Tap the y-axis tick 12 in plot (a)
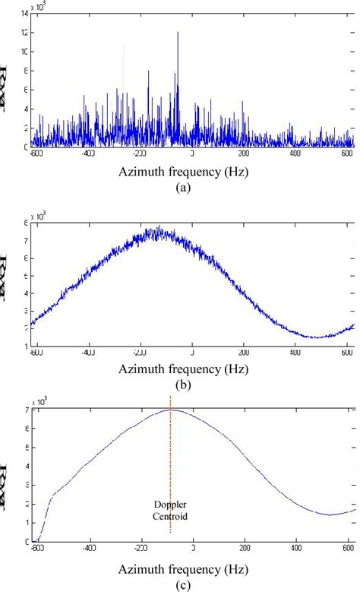tap(25, 33)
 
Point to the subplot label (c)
tap(182, 585)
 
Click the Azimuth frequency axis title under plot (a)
tap(182, 172)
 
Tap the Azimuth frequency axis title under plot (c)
tap(182, 569)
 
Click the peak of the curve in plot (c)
tap(170, 410)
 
